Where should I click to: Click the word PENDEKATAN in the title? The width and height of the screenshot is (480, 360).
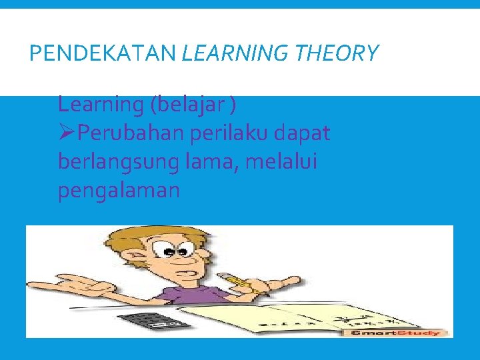point(103,53)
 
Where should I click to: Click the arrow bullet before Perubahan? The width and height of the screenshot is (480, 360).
point(66,133)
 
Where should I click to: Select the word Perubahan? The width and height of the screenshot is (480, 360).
point(130,134)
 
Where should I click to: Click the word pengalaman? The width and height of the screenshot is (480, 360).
point(119,191)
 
